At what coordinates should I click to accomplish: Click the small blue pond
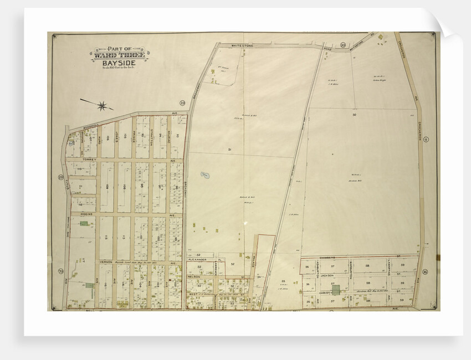pos(204,176)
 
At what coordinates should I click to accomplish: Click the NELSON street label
pos(194,276)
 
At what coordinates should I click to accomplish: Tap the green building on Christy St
pos(336,290)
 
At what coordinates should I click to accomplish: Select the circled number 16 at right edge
pos(425,271)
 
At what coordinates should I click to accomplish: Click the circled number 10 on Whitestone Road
pos(343,45)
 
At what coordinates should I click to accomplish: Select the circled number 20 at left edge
pos(60,271)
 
